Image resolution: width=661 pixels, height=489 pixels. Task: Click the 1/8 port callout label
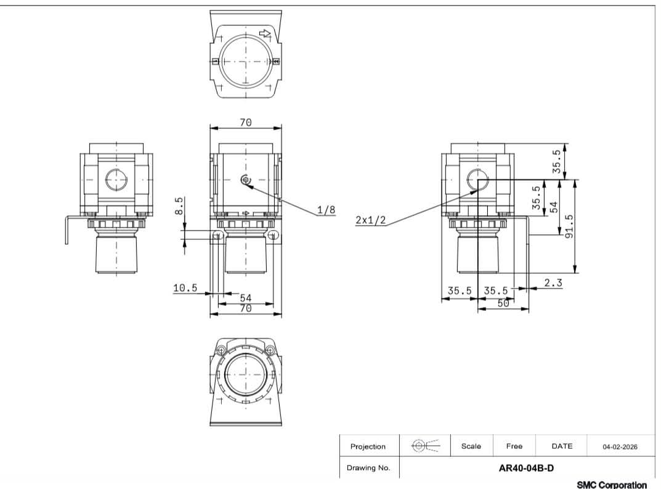(x=326, y=210)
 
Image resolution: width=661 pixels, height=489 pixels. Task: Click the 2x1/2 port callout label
(x=371, y=220)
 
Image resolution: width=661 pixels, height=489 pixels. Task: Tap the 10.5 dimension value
(x=185, y=287)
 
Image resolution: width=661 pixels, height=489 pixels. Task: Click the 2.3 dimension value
(x=553, y=282)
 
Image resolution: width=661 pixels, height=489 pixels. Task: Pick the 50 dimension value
(x=503, y=303)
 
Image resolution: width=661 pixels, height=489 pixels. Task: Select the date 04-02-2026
(x=620, y=446)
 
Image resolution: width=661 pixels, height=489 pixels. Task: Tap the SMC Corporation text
(x=612, y=485)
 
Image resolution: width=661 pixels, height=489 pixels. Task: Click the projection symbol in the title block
(x=425, y=445)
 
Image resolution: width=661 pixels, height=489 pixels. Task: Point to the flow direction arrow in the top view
(x=265, y=33)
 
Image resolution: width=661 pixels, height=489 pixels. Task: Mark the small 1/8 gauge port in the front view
(x=246, y=180)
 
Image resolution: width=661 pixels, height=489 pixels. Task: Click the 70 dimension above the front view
(x=245, y=123)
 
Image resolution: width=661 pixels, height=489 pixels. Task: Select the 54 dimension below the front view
(x=245, y=298)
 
